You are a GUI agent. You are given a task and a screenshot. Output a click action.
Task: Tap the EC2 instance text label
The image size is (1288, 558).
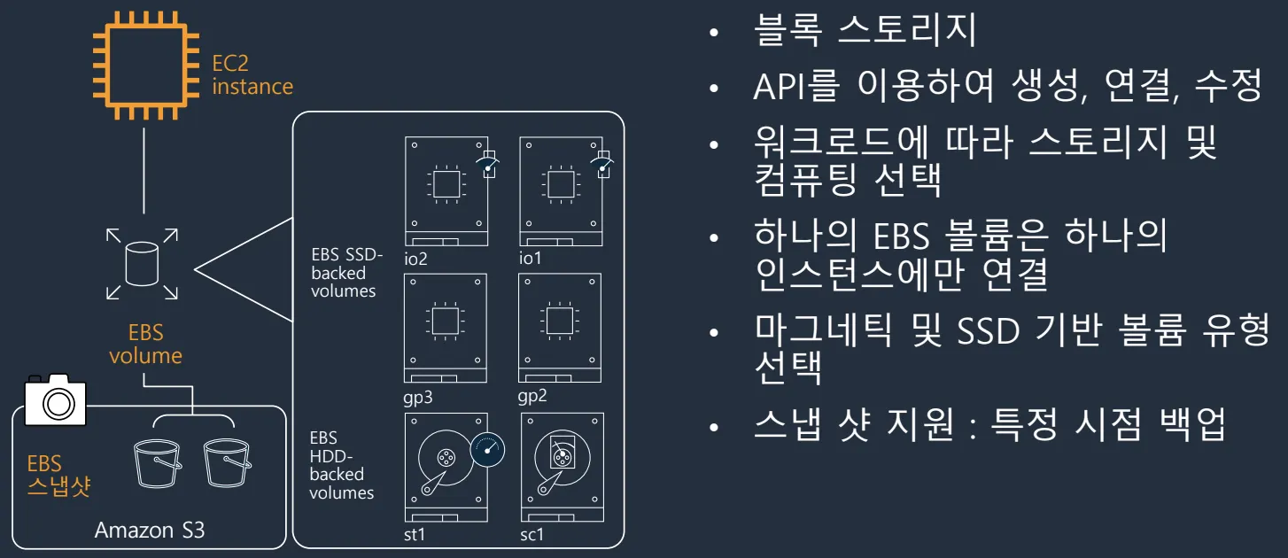(x=252, y=75)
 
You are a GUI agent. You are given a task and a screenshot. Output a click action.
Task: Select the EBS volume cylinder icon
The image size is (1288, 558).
(x=142, y=263)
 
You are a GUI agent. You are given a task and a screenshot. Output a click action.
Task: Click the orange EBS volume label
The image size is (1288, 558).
(x=145, y=345)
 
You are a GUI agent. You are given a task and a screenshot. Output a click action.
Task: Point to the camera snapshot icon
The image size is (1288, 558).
(x=57, y=399)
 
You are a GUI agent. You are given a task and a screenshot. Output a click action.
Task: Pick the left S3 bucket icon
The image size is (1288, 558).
(x=157, y=462)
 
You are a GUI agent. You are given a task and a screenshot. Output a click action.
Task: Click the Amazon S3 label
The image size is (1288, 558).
(x=149, y=531)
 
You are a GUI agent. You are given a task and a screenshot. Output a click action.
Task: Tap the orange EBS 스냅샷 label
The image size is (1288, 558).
(x=58, y=476)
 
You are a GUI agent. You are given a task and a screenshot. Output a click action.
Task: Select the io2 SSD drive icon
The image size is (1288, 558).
(x=446, y=190)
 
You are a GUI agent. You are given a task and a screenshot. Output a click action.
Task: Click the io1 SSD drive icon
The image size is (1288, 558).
(x=561, y=190)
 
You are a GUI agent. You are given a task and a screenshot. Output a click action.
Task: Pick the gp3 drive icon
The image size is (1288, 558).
(x=446, y=327)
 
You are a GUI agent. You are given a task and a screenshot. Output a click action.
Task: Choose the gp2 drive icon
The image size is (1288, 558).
(x=561, y=327)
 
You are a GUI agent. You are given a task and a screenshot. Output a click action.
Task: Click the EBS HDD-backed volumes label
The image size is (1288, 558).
(x=341, y=465)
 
